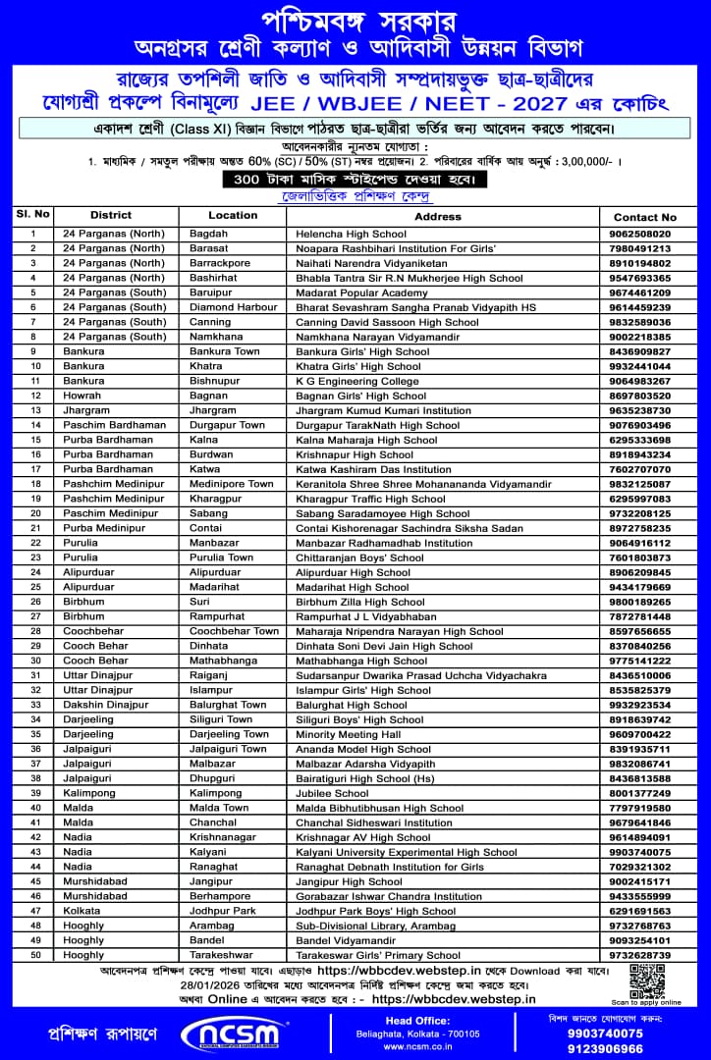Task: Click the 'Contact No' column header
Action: pyautogui.click(x=644, y=216)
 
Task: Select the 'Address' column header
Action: pyautogui.click(x=437, y=216)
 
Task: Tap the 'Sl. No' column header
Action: pyautogui.click(x=32, y=214)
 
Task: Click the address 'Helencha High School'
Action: pyautogui.click(x=351, y=234)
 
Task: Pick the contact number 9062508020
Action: pyautogui.click(x=639, y=234)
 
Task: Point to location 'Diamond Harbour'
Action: pyautogui.click(x=233, y=307)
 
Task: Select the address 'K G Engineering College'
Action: pyautogui.click(x=356, y=381)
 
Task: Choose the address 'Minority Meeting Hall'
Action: pyautogui.click(x=348, y=734)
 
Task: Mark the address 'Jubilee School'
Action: pyautogui.click(x=332, y=793)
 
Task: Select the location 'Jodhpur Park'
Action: pyautogui.click(x=221, y=911)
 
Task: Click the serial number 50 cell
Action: pyautogui.click(x=34, y=955)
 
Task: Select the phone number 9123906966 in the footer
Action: pyautogui.click(x=605, y=1047)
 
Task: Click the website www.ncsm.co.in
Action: pyautogui.click(x=417, y=1046)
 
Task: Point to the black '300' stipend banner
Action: pyautogui.click(x=355, y=180)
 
